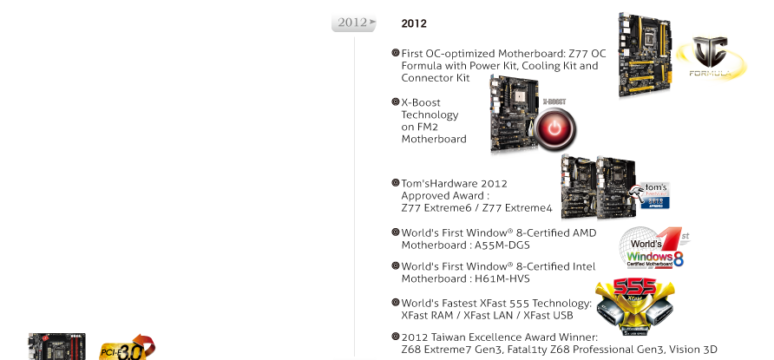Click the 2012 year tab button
pos(353,22)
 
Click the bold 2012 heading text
pos(414,23)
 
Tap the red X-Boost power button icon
pos(552,128)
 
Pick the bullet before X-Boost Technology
pos(396,102)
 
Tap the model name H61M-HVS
pos(502,279)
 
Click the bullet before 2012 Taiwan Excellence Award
pos(396,336)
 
